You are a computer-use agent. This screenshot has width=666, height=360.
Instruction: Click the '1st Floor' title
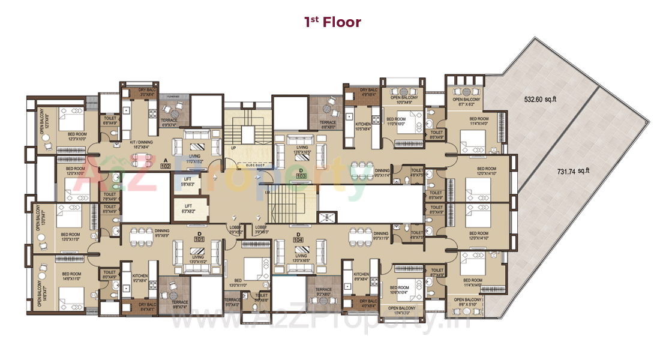pyautogui.click(x=332, y=22)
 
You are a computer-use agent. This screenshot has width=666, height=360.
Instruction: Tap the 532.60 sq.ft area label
pyautogui.click(x=540, y=99)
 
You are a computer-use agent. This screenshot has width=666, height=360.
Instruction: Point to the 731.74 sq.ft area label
pyautogui.click(x=574, y=172)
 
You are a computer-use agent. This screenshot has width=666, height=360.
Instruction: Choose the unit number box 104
pyautogui.click(x=298, y=239)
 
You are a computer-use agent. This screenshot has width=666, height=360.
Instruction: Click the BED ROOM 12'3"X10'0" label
pyautogui.click(x=77, y=137)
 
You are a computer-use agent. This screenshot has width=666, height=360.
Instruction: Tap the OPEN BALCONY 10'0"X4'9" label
pyautogui.click(x=404, y=100)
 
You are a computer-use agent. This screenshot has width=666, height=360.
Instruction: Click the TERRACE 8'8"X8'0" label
pyautogui.click(x=328, y=124)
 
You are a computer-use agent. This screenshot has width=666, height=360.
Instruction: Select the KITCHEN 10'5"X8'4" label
pyautogui.click(x=363, y=126)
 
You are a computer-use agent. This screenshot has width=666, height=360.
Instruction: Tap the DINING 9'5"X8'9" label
pyautogui.click(x=162, y=232)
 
